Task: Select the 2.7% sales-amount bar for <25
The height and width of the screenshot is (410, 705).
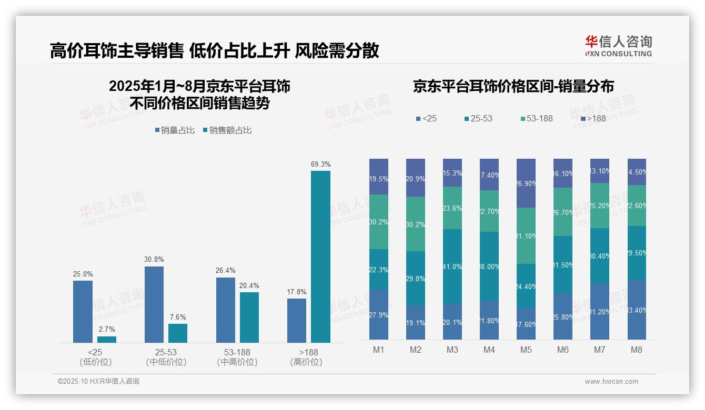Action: coord(107,340)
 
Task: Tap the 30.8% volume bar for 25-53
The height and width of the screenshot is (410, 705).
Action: coord(154,304)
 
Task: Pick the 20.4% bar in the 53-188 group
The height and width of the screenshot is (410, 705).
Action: coord(249,317)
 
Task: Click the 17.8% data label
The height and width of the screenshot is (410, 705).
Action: coord(297,292)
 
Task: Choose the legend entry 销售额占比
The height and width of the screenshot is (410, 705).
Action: coord(227,130)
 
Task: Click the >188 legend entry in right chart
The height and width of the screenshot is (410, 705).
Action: coord(593,119)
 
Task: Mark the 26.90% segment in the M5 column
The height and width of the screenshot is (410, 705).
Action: coord(526,183)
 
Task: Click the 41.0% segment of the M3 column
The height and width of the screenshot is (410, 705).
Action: coord(452,266)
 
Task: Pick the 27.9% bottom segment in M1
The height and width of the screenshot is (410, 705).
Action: coord(379,315)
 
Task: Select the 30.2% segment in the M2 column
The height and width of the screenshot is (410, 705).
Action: coord(416,224)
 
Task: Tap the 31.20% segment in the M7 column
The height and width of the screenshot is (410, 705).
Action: coord(600,311)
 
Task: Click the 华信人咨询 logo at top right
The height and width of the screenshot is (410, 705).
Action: coord(618,46)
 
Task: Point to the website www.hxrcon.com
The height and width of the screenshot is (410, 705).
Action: coord(611,382)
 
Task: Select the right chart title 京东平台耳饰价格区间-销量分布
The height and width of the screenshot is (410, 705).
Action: coord(513,87)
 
